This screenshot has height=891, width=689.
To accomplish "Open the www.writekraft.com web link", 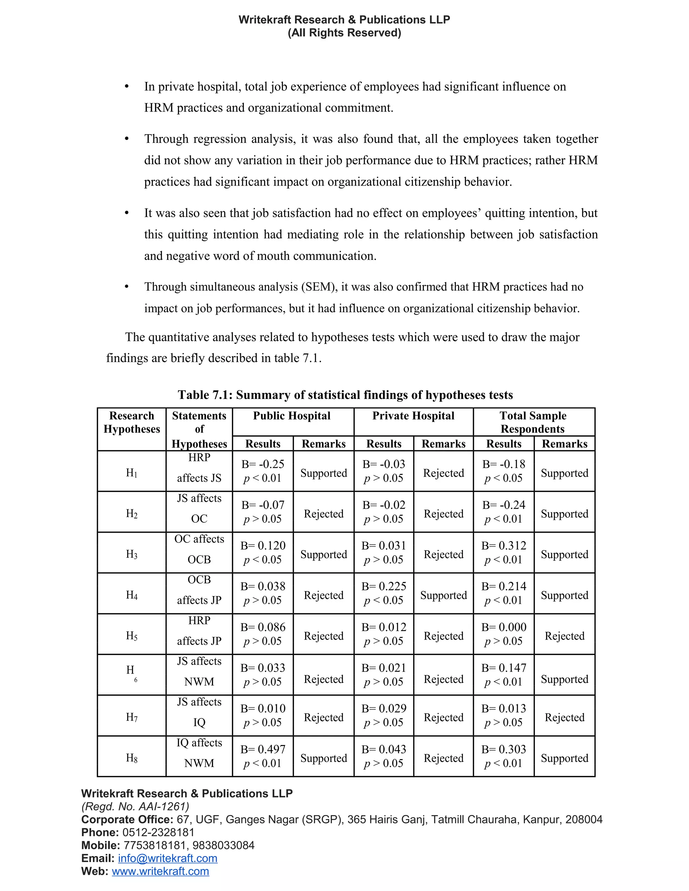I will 160,871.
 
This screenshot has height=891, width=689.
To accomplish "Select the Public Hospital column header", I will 292,416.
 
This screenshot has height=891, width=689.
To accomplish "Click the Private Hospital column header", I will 413,416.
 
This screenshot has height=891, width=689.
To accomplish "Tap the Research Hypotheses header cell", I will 132,423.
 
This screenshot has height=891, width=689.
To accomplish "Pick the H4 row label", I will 132,595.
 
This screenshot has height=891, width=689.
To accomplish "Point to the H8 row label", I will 132,758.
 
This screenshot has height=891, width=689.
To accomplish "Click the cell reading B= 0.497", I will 262,749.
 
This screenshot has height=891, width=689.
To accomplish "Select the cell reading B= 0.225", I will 384,586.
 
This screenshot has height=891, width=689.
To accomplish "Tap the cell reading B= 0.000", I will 504,627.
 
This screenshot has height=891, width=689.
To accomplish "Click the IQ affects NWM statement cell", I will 199,753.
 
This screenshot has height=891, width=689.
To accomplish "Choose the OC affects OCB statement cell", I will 199,549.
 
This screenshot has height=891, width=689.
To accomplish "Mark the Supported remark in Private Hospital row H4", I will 443,595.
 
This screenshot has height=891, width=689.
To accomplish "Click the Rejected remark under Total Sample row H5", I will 565,636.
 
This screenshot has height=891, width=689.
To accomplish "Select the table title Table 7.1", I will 345,395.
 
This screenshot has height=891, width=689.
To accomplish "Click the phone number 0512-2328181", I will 158,832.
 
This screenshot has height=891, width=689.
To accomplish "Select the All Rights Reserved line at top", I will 344,33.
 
